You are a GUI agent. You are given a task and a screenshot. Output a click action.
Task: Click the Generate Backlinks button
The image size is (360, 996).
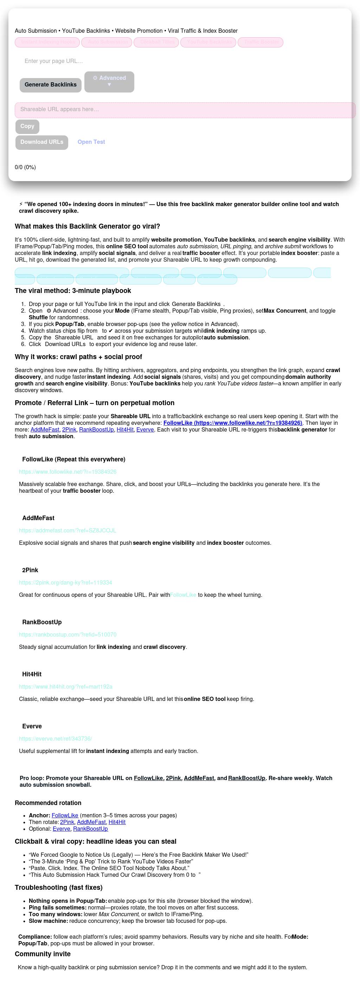pos(50,85)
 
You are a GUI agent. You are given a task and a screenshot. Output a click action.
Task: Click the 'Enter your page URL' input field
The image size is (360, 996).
pos(116,61)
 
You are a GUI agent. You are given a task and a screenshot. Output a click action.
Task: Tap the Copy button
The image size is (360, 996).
pos(27,126)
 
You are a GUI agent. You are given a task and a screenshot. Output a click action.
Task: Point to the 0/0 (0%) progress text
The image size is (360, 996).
pos(25,167)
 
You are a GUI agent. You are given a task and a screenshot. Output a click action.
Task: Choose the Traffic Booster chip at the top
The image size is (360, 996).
pos(261,42)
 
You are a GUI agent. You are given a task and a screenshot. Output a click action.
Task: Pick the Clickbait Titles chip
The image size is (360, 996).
pos(156,42)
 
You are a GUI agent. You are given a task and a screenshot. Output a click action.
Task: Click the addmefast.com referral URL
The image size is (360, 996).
pos(67,530)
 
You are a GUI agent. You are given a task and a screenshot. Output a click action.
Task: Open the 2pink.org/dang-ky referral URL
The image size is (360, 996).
pos(65,583)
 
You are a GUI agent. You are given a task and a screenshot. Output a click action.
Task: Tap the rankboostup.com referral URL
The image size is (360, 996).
pos(67,634)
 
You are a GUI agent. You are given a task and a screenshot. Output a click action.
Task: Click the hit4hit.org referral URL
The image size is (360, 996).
pos(66,687)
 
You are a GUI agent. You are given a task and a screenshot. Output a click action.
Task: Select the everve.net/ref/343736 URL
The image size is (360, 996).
pos(55,739)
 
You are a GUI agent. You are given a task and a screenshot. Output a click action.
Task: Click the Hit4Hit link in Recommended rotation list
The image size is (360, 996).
pos(117,822)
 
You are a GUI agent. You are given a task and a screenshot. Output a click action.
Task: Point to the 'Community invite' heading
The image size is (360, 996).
pos(43,954)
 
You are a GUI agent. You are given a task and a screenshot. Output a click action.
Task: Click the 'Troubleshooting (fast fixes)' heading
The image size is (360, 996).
pos(58,887)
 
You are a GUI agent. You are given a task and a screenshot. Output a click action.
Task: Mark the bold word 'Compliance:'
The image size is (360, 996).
pos(35,937)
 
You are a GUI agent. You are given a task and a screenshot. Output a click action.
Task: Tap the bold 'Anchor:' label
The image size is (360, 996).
pos(39,816)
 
